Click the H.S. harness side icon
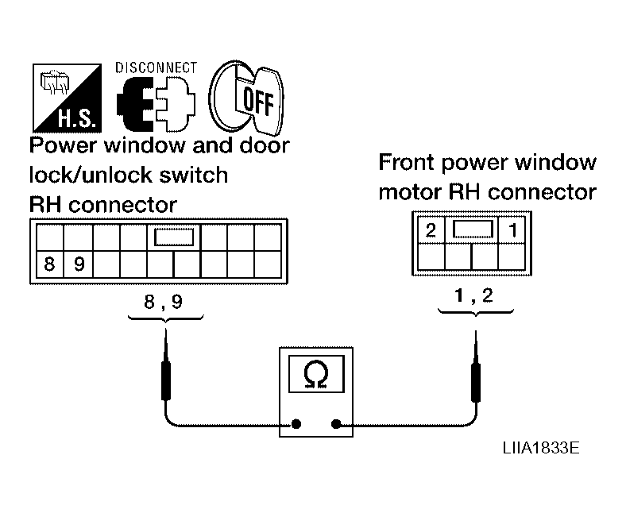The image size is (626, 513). [x=67, y=98]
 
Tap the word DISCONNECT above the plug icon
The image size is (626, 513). [x=156, y=67]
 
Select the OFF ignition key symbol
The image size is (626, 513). [x=246, y=98]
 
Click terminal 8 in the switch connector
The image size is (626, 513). [x=49, y=264]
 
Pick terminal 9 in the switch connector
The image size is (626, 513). [x=79, y=264]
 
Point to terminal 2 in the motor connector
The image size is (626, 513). [x=431, y=230]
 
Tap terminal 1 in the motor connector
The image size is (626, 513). [x=513, y=230]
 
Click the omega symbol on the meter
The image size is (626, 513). [x=316, y=374]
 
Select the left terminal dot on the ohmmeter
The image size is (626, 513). [x=296, y=424]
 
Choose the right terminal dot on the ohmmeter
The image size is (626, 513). [x=336, y=424]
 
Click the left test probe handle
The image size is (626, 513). [x=166, y=380]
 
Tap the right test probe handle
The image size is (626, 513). [x=476, y=382]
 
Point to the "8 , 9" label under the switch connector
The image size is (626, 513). [x=164, y=302]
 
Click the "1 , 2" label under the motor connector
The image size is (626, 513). [x=474, y=295]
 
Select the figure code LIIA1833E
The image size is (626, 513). [x=541, y=448]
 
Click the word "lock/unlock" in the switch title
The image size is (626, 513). [x=91, y=175]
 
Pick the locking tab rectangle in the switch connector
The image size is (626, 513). [x=174, y=237]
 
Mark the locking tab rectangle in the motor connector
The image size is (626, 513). [x=473, y=229]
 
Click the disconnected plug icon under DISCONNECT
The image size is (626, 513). [x=156, y=104]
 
